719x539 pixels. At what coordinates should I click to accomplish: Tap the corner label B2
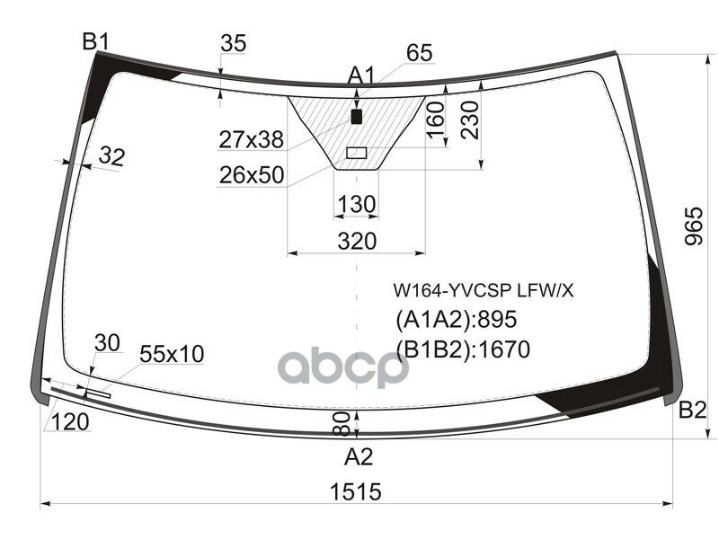[x=692, y=411]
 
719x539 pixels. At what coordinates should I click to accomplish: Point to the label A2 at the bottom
[x=359, y=457]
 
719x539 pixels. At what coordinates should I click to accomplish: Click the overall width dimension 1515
[x=354, y=491]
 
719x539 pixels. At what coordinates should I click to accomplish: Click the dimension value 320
[x=357, y=241]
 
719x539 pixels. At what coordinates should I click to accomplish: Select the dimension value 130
[x=357, y=205]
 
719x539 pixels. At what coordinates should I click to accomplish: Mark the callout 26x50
[x=251, y=174]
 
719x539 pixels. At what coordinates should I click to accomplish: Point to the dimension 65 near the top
[x=419, y=53]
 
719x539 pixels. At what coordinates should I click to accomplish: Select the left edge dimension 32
[x=111, y=156]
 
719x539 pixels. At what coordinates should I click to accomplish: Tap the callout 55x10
[x=171, y=355]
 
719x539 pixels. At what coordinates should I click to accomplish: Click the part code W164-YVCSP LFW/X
[x=483, y=291]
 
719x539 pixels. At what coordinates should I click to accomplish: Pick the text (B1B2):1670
[x=463, y=349]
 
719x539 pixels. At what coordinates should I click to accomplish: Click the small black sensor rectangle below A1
[x=357, y=117]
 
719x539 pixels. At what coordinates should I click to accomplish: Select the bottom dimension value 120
[x=70, y=422]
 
